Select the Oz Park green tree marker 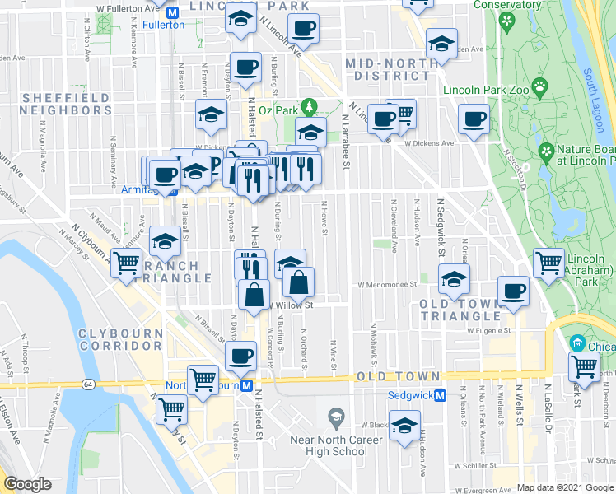(309, 107)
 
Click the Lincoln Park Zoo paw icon (539, 85)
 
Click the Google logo (28, 484)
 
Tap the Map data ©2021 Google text (565, 487)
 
